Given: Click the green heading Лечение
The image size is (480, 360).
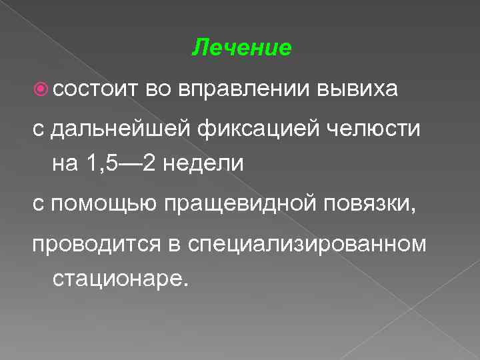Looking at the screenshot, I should click(x=241, y=48).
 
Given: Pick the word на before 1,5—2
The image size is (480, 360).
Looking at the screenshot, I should click(x=65, y=162).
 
